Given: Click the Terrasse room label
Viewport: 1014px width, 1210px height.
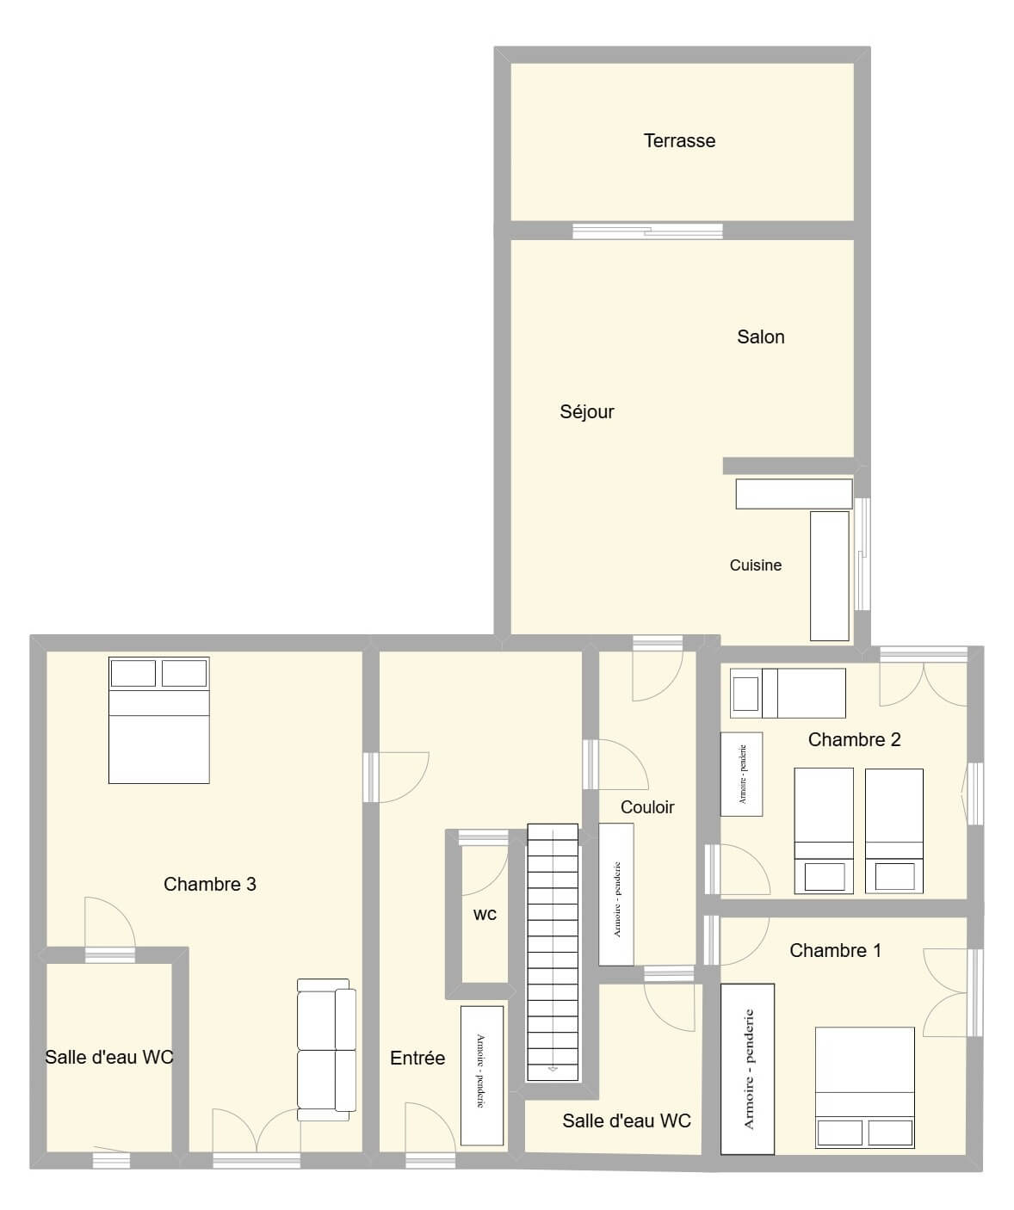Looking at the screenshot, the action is (679, 141).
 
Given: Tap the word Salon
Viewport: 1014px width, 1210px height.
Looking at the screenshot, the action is (761, 336).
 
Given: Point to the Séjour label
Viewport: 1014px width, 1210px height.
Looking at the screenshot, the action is (587, 412).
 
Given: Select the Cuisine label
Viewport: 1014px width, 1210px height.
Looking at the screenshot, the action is (756, 565).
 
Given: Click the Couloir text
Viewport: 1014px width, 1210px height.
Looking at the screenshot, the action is (647, 807).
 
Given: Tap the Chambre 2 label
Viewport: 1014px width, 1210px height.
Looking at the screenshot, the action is (854, 739).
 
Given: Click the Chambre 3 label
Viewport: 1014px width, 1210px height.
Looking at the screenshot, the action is (209, 885).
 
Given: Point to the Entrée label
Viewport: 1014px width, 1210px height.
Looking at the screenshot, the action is (417, 1059).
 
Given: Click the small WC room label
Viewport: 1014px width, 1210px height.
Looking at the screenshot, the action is (485, 915).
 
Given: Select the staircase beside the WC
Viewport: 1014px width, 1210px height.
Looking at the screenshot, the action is (553, 953).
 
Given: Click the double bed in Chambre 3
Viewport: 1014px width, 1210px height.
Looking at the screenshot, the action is (159, 720).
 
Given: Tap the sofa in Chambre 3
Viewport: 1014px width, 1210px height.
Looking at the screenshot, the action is (326, 1050).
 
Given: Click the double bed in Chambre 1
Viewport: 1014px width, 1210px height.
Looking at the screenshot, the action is (865, 1088).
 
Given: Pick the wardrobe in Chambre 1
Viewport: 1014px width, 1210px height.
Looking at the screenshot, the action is (747, 1069).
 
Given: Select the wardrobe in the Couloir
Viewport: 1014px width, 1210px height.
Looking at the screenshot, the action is (615, 895).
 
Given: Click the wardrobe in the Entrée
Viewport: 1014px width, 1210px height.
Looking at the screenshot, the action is (482, 1076).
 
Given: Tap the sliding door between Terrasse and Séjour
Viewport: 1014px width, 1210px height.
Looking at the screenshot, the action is (647, 232).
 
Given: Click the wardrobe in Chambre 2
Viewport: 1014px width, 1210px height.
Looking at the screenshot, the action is (741, 774).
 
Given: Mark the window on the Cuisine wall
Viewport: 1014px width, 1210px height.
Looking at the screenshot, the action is (863, 554).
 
